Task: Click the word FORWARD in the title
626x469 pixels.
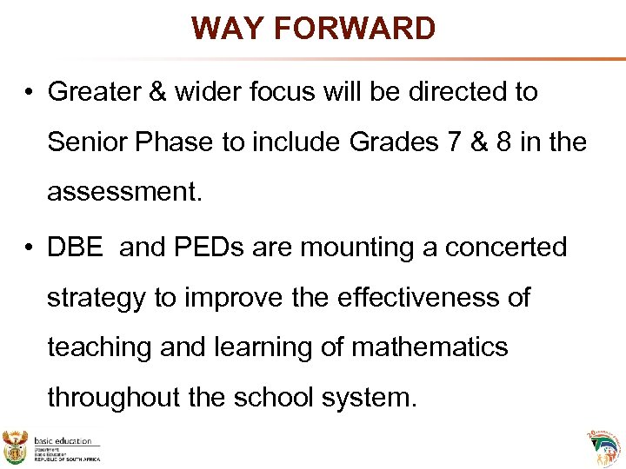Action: [355, 29]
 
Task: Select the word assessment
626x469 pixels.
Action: [124, 192]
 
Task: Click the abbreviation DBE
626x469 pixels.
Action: [76, 248]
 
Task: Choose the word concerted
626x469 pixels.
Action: [506, 248]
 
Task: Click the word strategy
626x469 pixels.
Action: [97, 299]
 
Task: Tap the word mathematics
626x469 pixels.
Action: [430, 347]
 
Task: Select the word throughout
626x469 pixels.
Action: [110, 398]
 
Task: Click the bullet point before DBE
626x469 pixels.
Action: [30, 248]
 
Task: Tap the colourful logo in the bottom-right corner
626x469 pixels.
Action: [605, 447]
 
